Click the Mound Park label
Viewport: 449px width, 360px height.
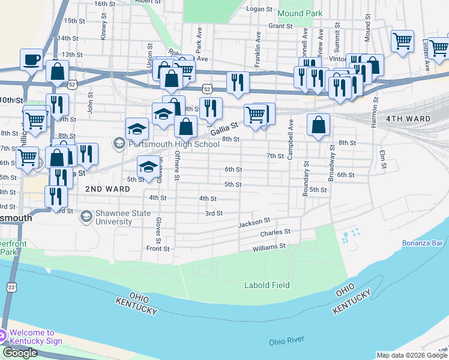[x=300, y=12]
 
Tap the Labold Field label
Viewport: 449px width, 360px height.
[x=267, y=285]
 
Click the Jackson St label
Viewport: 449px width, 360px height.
[x=255, y=223]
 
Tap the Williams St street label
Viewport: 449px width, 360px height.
[x=269, y=247]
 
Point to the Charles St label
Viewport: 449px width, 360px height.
[x=275, y=232]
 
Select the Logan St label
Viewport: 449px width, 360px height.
[x=260, y=8]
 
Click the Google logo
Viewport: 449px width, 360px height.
[x=20, y=353]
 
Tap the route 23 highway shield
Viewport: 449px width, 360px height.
[x=11, y=288]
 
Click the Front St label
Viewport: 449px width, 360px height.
[x=158, y=248]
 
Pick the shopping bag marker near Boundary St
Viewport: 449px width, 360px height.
[x=318, y=125]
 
